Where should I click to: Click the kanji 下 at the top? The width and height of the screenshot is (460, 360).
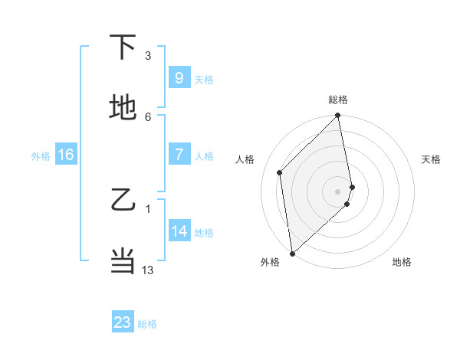123,48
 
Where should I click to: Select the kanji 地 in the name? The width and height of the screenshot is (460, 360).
123,109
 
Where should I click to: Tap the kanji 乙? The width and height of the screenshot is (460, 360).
123,201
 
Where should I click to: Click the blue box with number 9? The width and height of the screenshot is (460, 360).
179,77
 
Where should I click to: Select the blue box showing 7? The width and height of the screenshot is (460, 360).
179,154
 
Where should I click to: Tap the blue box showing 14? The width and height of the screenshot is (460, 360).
179,231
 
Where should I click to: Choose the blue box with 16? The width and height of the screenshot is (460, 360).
65,155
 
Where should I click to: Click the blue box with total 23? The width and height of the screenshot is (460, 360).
123,322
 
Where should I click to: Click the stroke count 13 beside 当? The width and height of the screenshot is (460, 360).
148,270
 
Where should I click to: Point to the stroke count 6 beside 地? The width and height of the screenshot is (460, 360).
148,116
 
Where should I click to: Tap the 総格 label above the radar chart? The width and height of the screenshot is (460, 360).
338,100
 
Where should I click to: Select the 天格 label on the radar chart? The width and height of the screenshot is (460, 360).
432,159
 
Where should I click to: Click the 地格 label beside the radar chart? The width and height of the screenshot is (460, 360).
402,262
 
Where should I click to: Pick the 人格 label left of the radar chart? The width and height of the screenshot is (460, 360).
246,159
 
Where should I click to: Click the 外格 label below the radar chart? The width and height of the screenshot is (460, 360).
270,262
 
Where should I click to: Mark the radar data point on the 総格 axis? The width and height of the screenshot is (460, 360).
338,116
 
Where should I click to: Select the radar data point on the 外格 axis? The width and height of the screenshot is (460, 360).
292,253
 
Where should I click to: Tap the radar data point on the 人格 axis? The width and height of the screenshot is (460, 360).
280,172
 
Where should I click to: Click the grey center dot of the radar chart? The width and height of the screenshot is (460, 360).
338,191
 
